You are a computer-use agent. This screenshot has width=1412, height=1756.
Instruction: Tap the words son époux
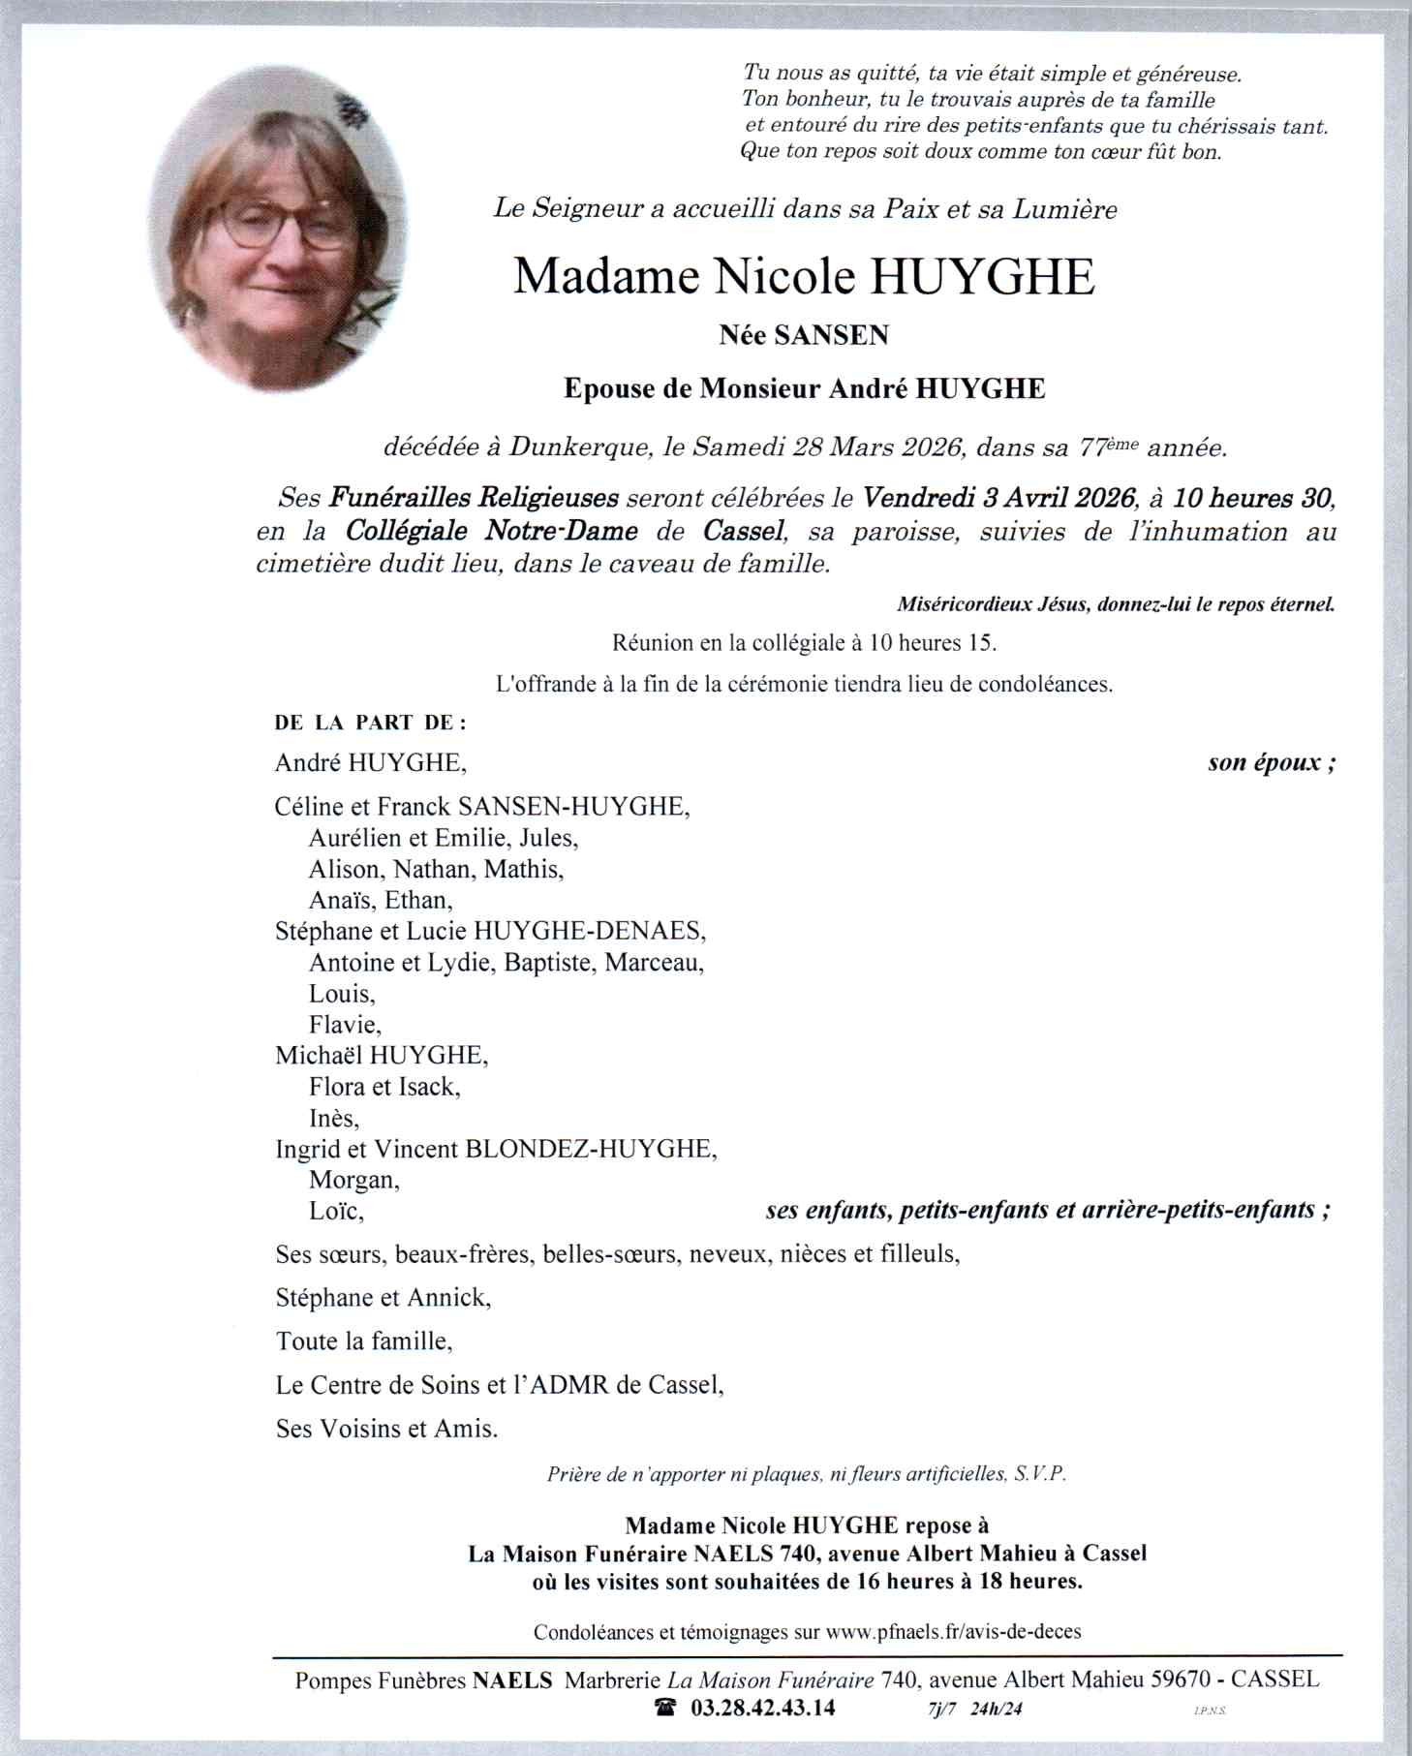(x=1271, y=762)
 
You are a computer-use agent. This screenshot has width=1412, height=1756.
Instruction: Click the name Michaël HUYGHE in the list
(x=382, y=1055)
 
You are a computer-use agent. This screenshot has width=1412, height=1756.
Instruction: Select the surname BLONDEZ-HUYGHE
(x=592, y=1149)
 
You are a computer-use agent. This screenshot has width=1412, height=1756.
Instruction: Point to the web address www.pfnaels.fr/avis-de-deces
(x=953, y=1631)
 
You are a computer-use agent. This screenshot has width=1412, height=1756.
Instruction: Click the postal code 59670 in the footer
(x=1178, y=1680)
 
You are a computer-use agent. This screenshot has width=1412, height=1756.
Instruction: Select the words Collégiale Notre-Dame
(x=492, y=531)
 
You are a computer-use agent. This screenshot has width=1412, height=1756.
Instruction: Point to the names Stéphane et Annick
(x=383, y=1297)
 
